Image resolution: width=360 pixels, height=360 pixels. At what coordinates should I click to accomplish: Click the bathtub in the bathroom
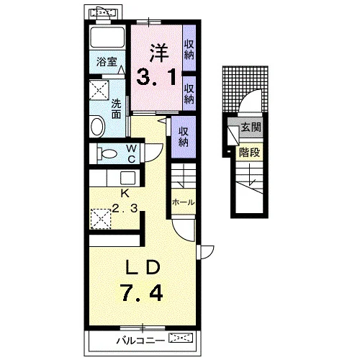(x=107, y=37)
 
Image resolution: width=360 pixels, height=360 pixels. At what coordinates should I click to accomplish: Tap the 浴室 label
(x=107, y=62)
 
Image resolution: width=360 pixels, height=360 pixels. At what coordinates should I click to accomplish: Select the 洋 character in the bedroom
(x=158, y=53)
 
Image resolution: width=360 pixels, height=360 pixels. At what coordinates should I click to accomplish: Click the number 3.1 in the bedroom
(x=156, y=77)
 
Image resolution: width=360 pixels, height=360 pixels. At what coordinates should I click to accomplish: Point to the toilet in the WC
(x=107, y=153)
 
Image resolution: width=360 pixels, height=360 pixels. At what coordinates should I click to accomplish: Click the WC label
(x=132, y=153)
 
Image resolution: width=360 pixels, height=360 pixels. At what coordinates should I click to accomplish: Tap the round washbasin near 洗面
(x=97, y=126)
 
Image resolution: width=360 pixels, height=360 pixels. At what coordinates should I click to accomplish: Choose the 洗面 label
(x=117, y=109)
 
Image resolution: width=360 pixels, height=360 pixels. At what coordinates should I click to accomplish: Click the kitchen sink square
(x=127, y=178)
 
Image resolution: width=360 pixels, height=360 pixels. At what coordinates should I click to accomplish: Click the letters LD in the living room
(x=143, y=267)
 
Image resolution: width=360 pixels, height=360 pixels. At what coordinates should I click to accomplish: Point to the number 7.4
(x=142, y=292)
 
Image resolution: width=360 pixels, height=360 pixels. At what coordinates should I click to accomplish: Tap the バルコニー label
(x=140, y=341)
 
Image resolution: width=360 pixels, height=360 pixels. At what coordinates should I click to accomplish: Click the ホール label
(x=184, y=202)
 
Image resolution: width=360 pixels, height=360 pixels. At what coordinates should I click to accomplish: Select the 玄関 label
(x=251, y=127)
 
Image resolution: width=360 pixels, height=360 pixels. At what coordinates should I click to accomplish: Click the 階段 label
(x=249, y=152)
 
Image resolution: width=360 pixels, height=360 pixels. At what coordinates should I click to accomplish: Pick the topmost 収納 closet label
(x=189, y=50)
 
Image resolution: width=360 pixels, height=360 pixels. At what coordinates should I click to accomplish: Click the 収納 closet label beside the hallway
(x=184, y=137)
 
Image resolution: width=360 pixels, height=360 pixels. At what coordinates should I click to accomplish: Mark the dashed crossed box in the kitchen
(x=101, y=219)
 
